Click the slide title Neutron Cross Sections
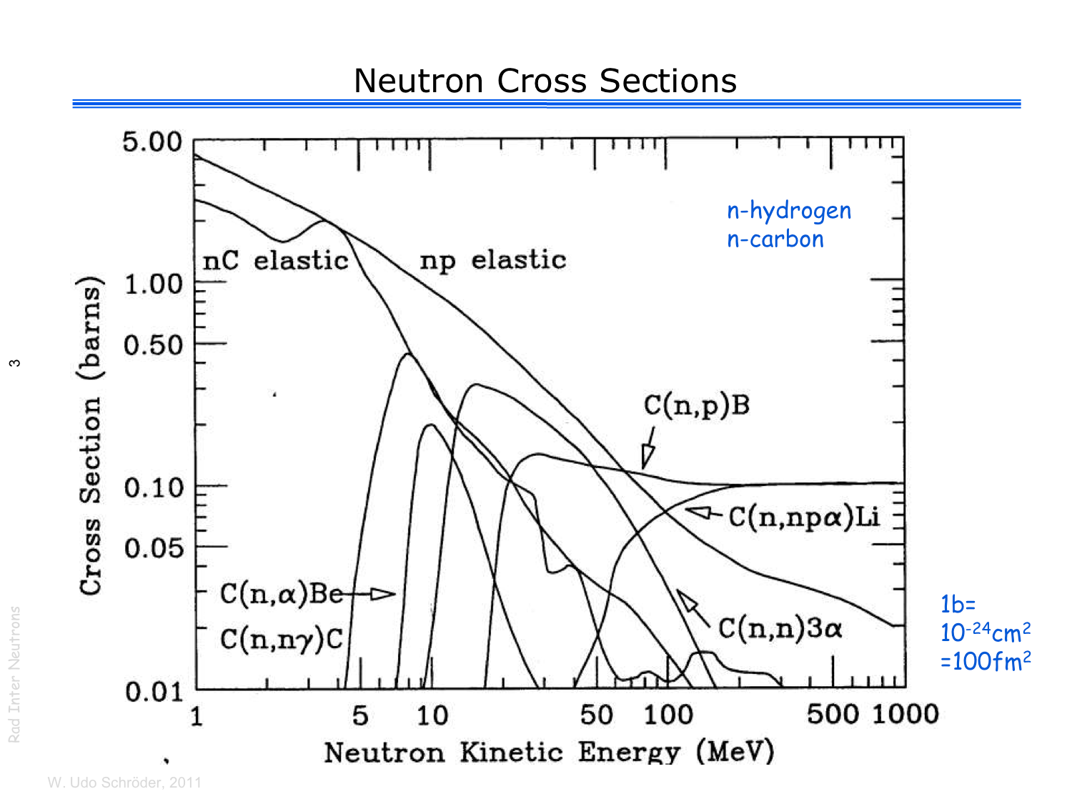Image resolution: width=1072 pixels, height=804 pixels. pos(545,81)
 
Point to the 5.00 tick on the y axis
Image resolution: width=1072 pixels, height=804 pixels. pos(152,142)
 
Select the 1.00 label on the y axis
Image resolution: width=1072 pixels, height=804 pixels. pos(154,284)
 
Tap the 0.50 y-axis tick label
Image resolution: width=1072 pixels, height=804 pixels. pos(154,345)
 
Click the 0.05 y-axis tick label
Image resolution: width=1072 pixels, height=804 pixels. pos(154,549)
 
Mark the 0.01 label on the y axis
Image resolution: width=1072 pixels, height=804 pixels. pos(154,692)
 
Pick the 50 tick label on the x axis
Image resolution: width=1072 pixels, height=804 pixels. pos(596,715)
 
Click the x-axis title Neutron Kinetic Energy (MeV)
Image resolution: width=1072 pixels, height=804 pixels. pos(549,752)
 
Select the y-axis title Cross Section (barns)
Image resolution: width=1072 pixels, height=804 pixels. pos(91,435)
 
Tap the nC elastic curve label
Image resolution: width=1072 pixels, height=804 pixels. pos(276,261)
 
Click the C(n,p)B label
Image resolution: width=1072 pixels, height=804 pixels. pos(697,405)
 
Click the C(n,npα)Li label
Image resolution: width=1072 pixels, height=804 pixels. pos(804,516)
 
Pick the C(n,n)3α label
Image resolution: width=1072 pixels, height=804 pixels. pos(780,628)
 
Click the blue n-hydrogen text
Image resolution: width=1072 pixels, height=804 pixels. pos(789,211)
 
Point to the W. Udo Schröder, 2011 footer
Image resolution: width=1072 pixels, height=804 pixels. pos(124,783)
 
